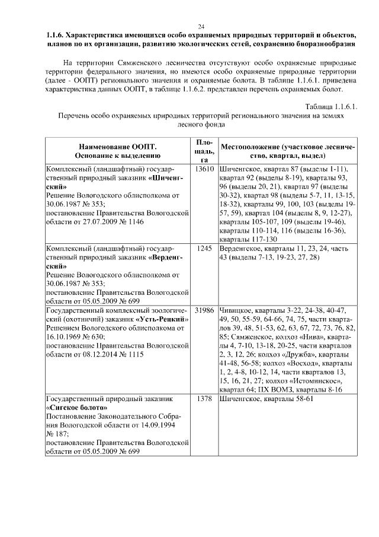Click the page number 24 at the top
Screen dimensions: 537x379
pos(201,27)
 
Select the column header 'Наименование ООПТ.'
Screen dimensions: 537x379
pos(117,147)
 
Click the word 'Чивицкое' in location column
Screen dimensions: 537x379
pos(236,310)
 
